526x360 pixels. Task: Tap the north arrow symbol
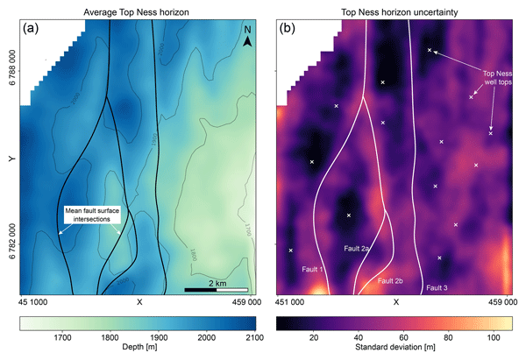point(248,39)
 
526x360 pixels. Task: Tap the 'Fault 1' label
point(313,268)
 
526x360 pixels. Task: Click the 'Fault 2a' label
point(357,249)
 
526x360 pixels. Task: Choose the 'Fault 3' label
point(437,286)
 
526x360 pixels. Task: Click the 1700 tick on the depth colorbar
point(62,336)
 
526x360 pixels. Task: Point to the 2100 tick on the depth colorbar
point(252,336)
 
